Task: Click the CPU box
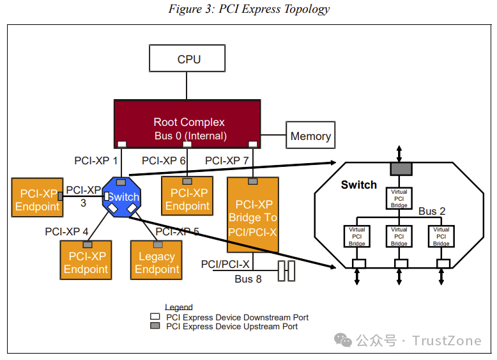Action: (187, 59)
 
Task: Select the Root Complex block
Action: (187, 123)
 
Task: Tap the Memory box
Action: (310, 136)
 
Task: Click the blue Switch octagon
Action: (123, 197)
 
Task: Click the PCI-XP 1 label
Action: (96, 160)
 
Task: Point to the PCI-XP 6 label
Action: (164, 160)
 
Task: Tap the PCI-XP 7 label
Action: (227, 160)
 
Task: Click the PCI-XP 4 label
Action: (66, 231)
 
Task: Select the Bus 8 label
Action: (248, 279)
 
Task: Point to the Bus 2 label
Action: (432, 211)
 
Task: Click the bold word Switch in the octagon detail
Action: (359, 185)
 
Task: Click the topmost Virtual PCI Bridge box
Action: (399, 198)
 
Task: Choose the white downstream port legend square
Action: (155, 317)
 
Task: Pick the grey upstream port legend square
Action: (155, 326)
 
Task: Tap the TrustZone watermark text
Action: (447, 340)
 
